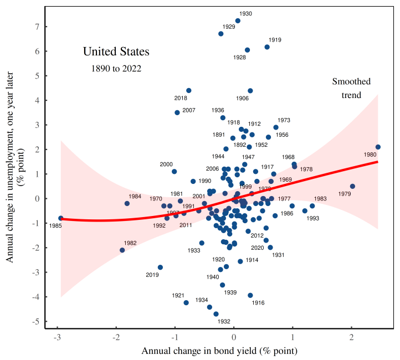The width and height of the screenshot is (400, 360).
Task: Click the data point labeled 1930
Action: click(238, 21)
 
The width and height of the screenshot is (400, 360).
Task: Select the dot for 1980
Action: click(378, 147)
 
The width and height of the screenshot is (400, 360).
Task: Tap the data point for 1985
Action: click(60, 218)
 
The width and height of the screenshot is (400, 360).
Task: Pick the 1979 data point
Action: click(352, 187)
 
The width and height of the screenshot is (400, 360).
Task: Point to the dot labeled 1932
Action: click(216, 314)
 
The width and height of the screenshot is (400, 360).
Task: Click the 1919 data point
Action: click(267, 47)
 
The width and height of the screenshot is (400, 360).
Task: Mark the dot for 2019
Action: click(160, 268)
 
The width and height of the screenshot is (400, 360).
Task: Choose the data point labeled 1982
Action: click(122, 250)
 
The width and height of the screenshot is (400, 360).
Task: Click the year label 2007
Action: click(189, 110)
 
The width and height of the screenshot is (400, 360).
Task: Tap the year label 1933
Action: click(193, 250)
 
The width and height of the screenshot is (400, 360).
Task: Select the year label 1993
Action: click(312, 218)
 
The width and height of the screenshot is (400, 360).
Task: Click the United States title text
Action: click(116, 52)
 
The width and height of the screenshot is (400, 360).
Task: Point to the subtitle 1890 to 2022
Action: click(116, 69)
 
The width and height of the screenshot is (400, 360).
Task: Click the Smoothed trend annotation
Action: click(351, 88)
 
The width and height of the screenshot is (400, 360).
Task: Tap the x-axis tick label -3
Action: click(57, 337)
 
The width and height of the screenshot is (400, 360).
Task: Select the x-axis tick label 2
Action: click(351, 337)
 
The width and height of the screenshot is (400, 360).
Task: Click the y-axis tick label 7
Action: click(37, 27)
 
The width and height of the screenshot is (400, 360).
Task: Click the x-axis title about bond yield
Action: click(220, 351)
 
